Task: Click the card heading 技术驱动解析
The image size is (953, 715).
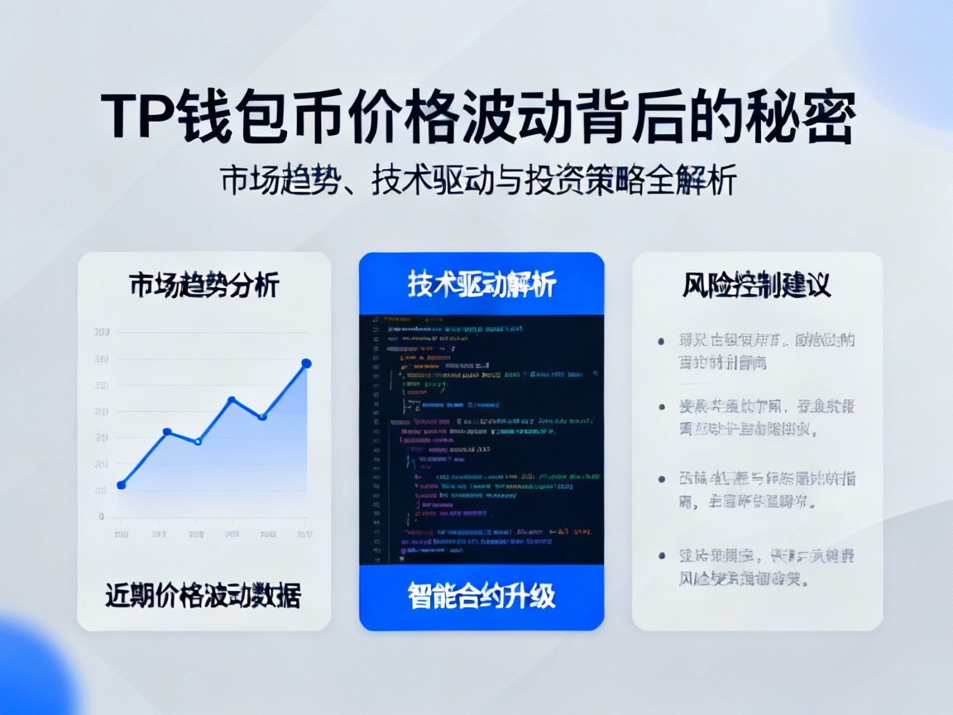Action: [481, 285]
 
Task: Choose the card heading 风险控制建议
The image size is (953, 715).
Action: [756, 286]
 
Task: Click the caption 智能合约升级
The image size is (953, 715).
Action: [481, 596]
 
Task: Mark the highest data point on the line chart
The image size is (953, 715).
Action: [306, 363]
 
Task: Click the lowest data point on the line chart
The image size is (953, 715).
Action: [122, 485]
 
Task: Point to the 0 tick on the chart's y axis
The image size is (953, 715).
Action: [101, 516]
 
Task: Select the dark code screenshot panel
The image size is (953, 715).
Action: [481, 439]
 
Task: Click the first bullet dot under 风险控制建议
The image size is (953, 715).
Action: [661, 341]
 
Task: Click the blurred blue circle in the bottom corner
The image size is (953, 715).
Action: [33, 674]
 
